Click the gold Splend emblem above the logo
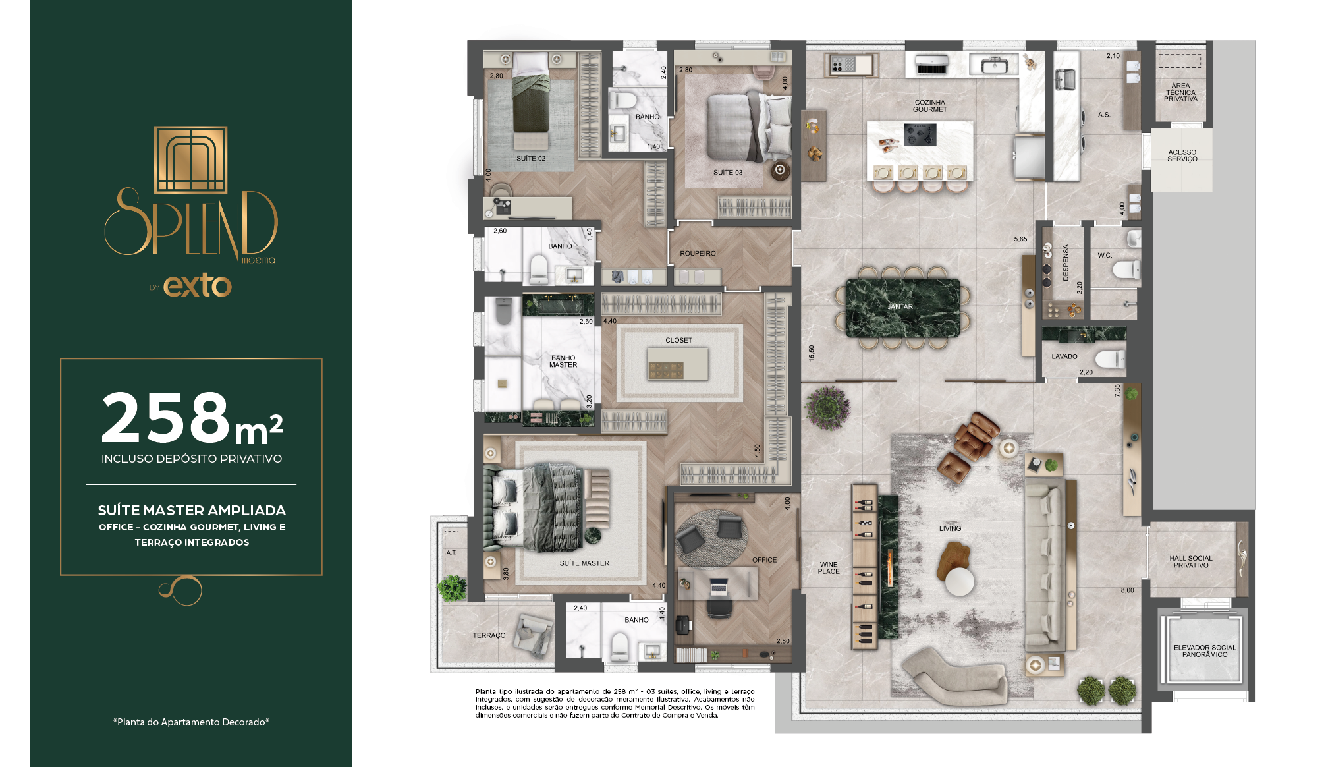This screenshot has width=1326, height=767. (190, 160)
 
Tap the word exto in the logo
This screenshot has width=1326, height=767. (198, 286)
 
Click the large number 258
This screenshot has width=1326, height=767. (165, 418)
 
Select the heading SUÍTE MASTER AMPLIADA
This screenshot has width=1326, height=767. (192, 511)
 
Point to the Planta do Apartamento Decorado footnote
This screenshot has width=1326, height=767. (191, 722)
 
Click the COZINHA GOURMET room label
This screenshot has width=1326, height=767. (930, 106)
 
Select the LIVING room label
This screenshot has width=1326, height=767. (950, 528)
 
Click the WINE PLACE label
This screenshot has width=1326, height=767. (829, 568)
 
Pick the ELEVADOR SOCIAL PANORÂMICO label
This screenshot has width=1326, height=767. (1205, 651)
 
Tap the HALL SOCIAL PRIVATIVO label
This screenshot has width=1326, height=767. (1191, 561)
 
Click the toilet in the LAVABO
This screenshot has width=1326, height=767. (1111, 359)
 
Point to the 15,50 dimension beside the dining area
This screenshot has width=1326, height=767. (812, 353)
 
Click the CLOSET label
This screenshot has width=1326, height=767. (678, 341)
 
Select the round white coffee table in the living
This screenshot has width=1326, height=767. (959, 582)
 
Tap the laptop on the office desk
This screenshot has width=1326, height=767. (718, 584)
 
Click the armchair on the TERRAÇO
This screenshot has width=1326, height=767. (534, 634)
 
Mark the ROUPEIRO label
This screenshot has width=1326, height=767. (698, 254)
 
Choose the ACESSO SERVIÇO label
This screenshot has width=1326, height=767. (1182, 156)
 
